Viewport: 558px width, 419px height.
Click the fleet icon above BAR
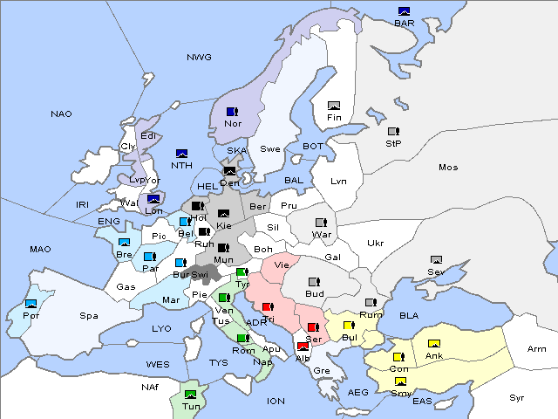(x=404, y=11)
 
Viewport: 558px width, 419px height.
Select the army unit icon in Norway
(x=232, y=112)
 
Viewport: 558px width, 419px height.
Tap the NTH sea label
(x=181, y=165)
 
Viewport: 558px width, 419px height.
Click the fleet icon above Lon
(x=153, y=199)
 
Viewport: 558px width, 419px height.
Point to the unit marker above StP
(x=393, y=132)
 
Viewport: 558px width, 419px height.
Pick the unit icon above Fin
(x=333, y=105)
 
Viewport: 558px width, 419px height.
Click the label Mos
(x=448, y=167)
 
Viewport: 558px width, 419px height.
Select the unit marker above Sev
(x=436, y=260)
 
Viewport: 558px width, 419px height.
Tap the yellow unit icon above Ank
(x=433, y=343)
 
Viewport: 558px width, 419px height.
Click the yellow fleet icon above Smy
(x=400, y=381)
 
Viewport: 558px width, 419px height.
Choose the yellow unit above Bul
(x=349, y=326)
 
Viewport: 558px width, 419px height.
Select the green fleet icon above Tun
(x=191, y=394)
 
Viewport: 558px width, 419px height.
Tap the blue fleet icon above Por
(x=31, y=303)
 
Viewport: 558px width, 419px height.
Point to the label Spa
(x=88, y=315)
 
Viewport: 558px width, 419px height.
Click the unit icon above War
(x=321, y=223)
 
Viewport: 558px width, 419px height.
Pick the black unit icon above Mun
(x=224, y=248)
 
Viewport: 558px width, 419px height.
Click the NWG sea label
(x=199, y=57)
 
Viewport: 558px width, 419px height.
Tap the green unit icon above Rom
(x=242, y=338)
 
